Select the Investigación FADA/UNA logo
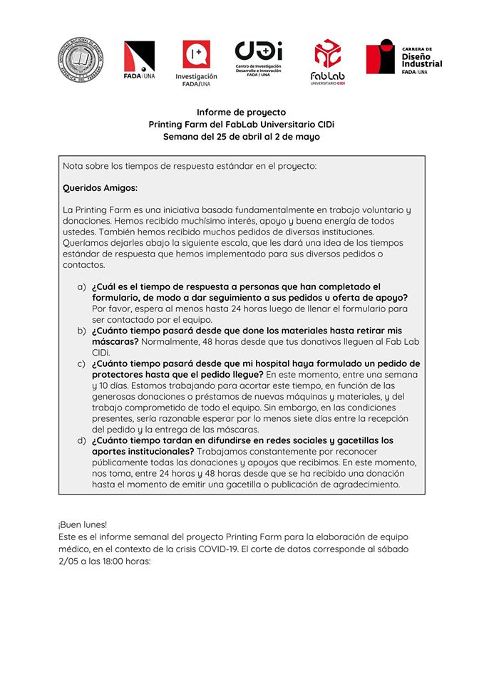point(196,63)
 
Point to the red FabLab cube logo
point(327,61)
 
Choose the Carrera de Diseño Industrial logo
point(403,57)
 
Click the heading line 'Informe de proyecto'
point(241,112)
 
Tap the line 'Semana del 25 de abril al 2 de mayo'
point(241,136)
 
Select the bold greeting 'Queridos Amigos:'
point(100,188)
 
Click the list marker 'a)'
point(81,286)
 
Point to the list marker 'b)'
point(81,331)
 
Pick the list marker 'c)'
point(81,363)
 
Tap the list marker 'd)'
point(81,440)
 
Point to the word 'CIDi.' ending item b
point(103,353)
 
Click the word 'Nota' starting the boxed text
point(73,166)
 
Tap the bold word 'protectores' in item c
point(119,375)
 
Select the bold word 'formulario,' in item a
point(118,298)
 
